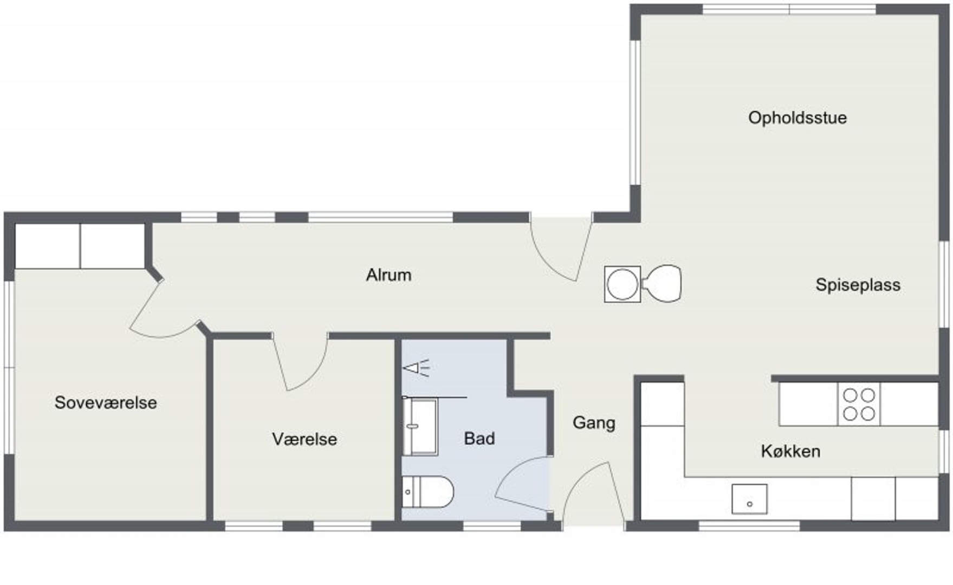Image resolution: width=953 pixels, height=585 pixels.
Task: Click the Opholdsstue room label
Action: pyautogui.click(x=797, y=118)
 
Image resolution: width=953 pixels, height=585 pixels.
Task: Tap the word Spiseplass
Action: pyautogui.click(x=858, y=285)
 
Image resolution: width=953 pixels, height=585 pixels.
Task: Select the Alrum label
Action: pyautogui.click(x=388, y=275)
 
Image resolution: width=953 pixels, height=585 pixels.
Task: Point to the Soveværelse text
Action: pyautogui.click(x=106, y=402)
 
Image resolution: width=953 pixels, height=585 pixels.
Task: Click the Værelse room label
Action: pyautogui.click(x=304, y=439)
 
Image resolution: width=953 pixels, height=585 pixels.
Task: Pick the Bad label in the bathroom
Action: pyautogui.click(x=479, y=438)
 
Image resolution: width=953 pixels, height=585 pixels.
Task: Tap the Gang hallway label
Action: pyautogui.click(x=594, y=423)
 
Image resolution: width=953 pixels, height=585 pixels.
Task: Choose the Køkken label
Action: pyautogui.click(x=790, y=451)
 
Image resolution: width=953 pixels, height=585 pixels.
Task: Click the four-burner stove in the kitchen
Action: pyautogui.click(x=859, y=404)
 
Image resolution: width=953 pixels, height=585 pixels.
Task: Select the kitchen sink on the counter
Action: pyautogui.click(x=749, y=499)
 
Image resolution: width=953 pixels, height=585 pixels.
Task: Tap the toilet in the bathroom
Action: pyautogui.click(x=427, y=492)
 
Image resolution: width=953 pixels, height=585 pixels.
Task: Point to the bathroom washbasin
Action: pyautogui.click(x=420, y=427)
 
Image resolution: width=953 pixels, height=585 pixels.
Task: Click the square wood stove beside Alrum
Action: pyautogui.click(x=623, y=284)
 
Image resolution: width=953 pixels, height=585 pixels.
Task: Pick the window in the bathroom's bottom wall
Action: pyautogui.click(x=492, y=525)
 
